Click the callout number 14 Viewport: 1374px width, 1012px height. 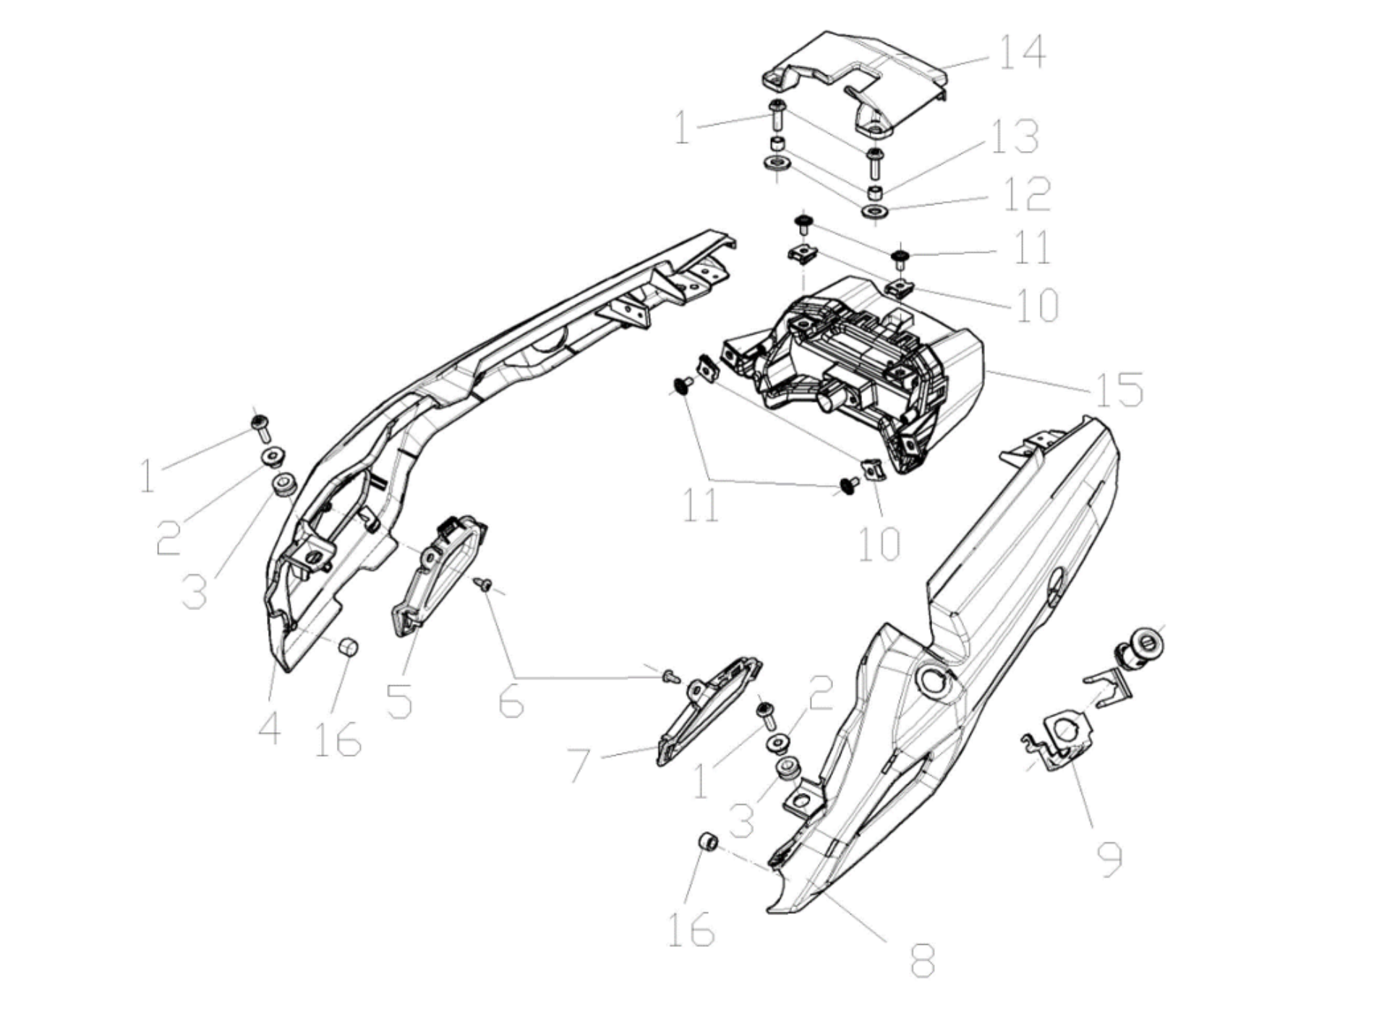pos(1022,51)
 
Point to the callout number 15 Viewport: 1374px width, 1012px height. pos(1119,389)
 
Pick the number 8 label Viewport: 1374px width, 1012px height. pos(923,960)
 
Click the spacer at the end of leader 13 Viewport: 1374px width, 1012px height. pos(874,192)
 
